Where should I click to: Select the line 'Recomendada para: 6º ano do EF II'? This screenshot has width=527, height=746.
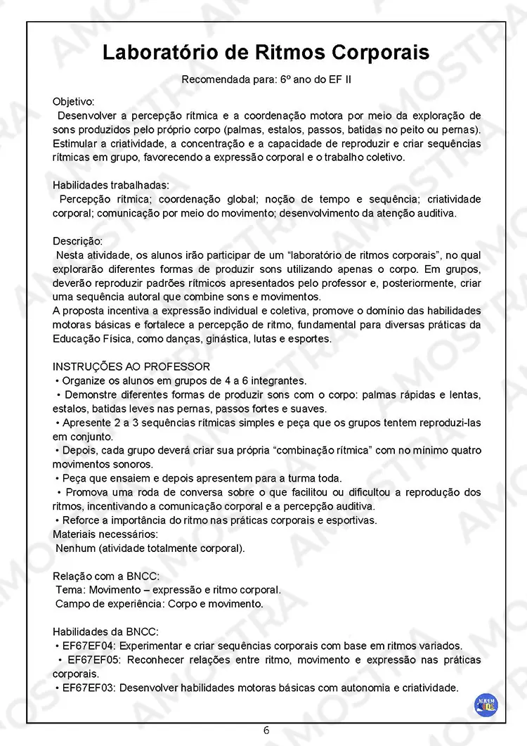266,79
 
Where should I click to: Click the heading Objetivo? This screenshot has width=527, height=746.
73,101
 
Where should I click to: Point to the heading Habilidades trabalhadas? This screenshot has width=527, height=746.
111,185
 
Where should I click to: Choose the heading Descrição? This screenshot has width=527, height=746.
77,240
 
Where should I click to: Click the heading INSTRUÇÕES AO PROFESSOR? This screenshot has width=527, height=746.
131,366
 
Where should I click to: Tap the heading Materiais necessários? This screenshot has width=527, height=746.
105,534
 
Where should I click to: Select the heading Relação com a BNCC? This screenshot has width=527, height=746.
106,576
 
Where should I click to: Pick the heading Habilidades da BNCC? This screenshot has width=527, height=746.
105,631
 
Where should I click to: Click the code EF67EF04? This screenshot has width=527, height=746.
88,645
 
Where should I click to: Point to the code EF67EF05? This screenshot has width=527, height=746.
94,660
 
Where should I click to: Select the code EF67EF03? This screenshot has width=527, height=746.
88,688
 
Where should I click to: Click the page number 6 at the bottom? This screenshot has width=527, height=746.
266,729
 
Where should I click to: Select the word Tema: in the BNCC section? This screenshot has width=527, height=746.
70,590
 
